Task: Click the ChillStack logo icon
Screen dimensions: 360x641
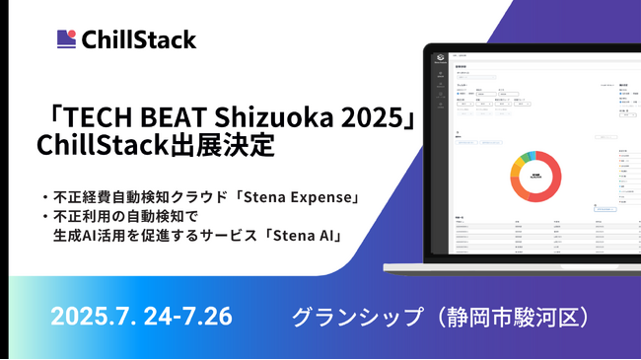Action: tap(66, 39)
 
